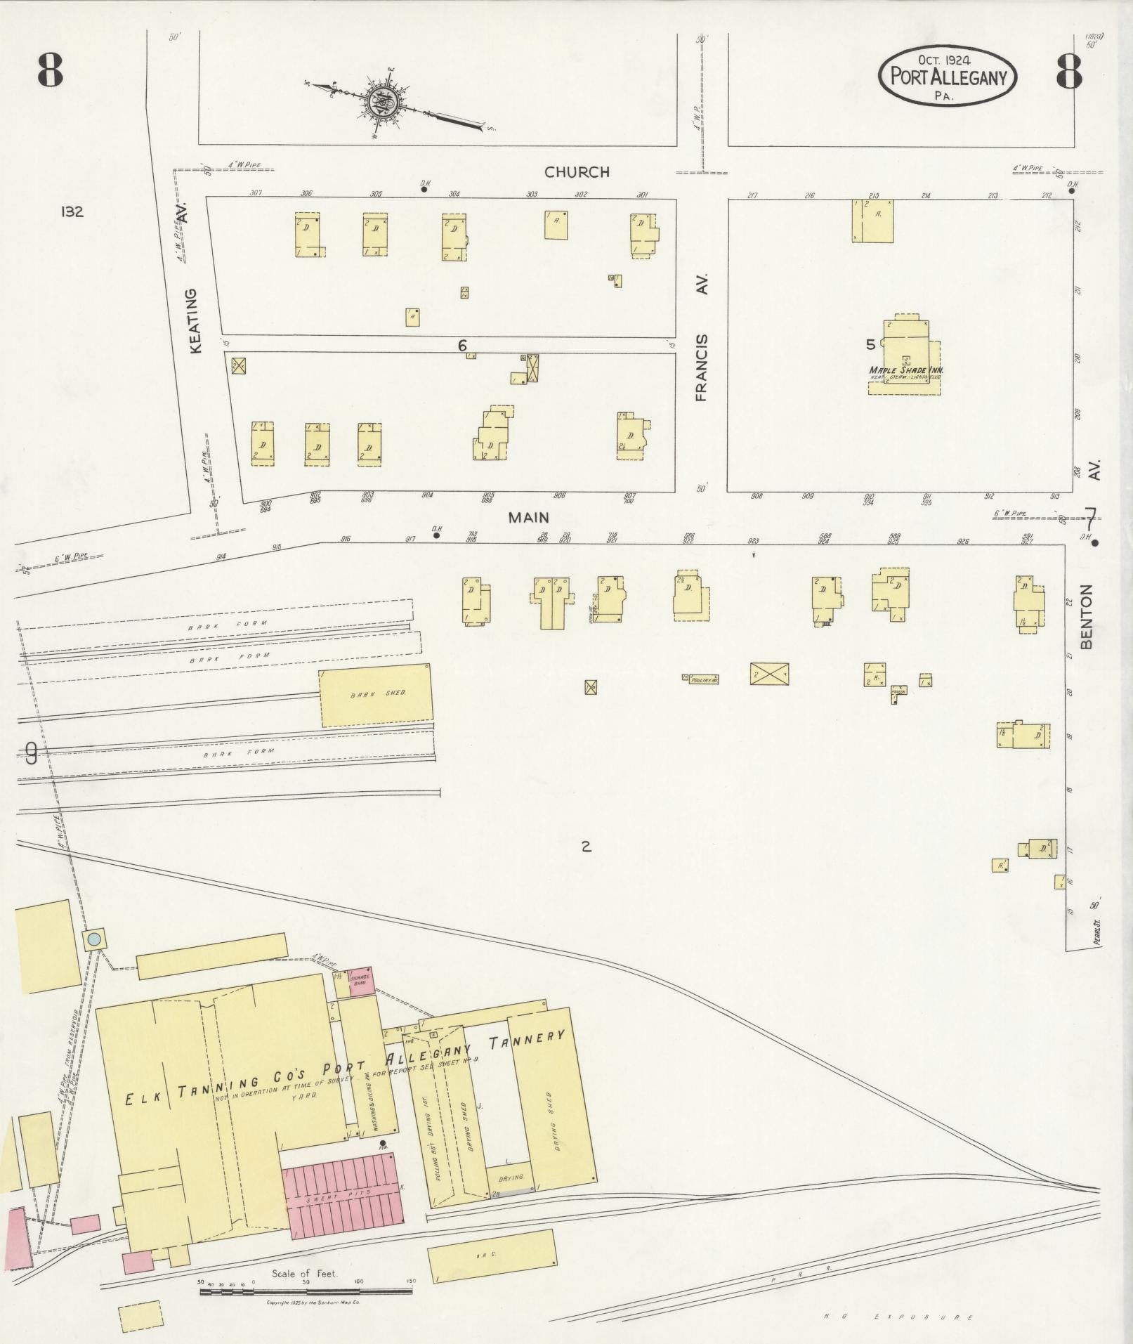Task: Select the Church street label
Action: click(577, 172)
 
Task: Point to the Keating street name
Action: click(196, 320)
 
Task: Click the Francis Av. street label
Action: click(702, 367)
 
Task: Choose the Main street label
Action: click(528, 518)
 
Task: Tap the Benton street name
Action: click(1087, 616)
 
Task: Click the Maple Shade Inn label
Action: click(905, 370)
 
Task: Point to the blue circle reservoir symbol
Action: click(94, 939)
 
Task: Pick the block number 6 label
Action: click(462, 345)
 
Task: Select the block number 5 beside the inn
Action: click(871, 344)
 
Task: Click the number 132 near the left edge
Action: click(72, 211)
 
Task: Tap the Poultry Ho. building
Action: click(704, 679)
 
